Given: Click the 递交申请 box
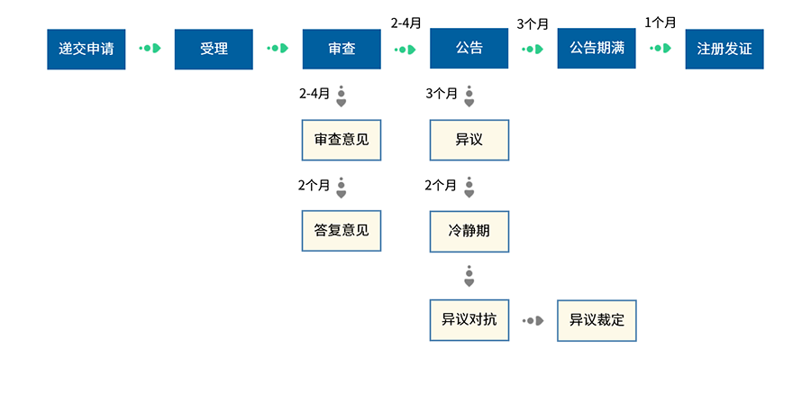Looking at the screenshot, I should [x=87, y=49].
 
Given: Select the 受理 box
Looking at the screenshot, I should [x=214, y=49].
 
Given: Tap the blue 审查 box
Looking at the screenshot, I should [x=342, y=49].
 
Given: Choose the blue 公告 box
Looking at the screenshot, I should [x=469, y=49].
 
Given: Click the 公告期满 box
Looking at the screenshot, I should [x=597, y=49].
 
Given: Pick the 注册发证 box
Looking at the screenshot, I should [x=724, y=49].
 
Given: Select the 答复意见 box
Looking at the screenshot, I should [x=342, y=230].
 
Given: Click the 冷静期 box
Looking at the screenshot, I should [x=469, y=230].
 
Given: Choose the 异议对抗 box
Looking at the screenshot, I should [x=469, y=320].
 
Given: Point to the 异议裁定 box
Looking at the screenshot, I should [x=597, y=320].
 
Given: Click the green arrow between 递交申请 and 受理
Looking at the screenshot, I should [x=150, y=48].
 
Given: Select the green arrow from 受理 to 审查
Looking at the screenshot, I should [x=278, y=48].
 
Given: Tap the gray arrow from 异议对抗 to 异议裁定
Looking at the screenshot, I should [x=533, y=320].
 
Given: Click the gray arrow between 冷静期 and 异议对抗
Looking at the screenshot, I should [x=469, y=276].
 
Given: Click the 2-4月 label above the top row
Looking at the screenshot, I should [x=405, y=23].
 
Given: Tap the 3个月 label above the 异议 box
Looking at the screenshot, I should [x=442, y=93].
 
